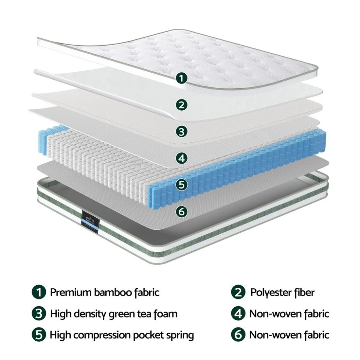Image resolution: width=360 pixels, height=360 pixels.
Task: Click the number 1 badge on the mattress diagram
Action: pos(181,78)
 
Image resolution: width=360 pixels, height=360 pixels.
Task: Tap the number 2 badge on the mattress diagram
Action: pos(181,105)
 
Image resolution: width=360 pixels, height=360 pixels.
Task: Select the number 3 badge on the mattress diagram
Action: pos(181,132)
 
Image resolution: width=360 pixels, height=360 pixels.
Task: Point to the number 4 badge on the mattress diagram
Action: pos(181,158)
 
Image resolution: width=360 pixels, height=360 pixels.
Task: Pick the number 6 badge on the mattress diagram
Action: pos(181,211)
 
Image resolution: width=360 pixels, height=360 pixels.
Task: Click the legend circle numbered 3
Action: pos(39,314)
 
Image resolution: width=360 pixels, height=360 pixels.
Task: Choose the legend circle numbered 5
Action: pos(39,335)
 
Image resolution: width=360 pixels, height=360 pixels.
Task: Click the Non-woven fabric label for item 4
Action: pos(289,314)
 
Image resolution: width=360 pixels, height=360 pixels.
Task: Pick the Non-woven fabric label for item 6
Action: pos(289,335)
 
